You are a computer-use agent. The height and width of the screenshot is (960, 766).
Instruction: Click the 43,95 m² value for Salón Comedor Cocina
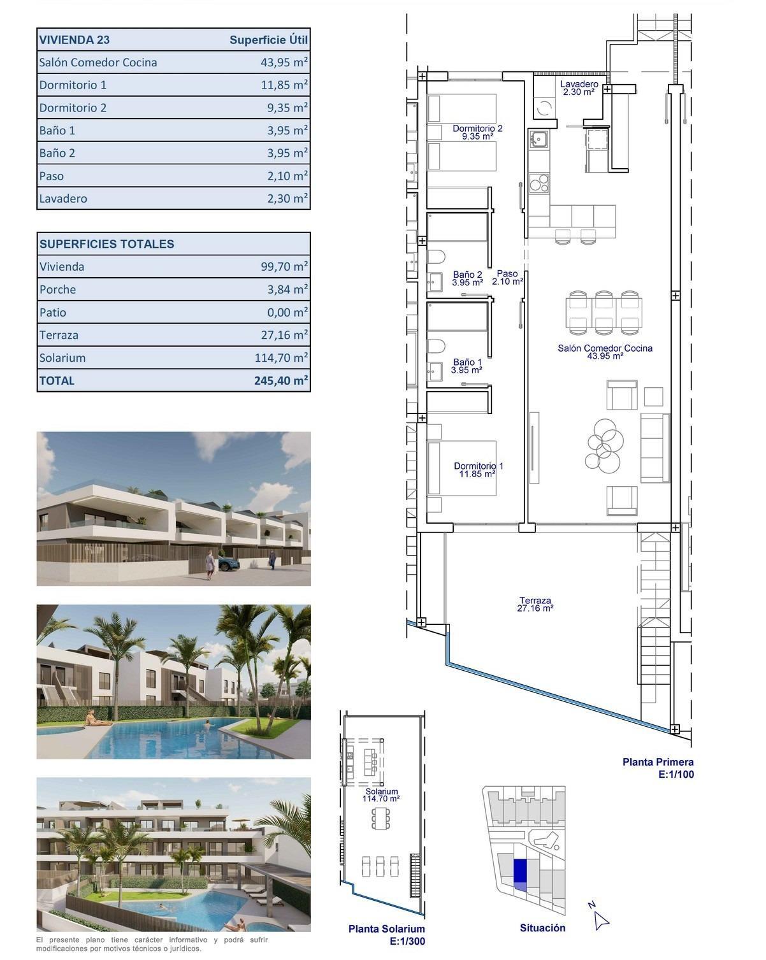[x=280, y=62]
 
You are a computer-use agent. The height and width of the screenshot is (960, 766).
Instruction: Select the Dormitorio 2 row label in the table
[x=73, y=108]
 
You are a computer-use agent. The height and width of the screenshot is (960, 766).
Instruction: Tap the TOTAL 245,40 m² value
[x=281, y=381]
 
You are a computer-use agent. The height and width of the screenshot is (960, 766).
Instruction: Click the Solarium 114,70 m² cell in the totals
[x=281, y=358]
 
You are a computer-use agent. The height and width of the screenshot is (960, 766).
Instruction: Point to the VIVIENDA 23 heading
[x=75, y=40]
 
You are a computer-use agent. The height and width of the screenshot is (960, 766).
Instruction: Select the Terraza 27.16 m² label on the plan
[x=535, y=604]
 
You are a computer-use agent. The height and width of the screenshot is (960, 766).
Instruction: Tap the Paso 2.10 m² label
[x=507, y=277]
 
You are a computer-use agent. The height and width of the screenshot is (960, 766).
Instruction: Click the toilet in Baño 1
[x=436, y=347]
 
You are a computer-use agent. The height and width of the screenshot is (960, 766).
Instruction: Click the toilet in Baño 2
[x=436, y=259]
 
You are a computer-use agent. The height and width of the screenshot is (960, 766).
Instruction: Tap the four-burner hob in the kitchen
[x=538, y=183]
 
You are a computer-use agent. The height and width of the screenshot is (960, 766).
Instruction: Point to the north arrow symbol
[x=599, y=919]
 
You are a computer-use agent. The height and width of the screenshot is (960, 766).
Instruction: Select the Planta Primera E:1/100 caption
[x=658, y=768]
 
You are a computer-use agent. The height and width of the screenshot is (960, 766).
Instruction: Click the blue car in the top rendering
[x=228, y=563]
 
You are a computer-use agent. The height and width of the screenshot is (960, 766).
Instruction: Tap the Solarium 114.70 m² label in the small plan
[x=381, y=795]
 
